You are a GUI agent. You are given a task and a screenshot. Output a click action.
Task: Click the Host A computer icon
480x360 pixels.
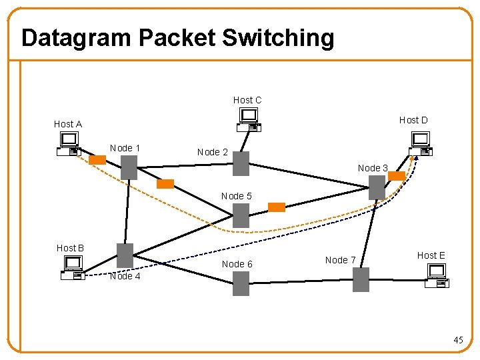pyautogui.click(x=69, y=144)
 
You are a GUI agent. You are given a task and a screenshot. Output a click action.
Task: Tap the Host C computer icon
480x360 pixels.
pyautogui.click(x=249, y=120)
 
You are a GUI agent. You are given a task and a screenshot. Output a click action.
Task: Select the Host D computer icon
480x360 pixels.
pyautogui.click(x=419, y=143)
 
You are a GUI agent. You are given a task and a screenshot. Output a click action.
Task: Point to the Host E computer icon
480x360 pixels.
pyautogui.click(x=437, y=275)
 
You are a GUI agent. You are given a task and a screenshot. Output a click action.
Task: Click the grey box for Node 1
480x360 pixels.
pyautogui.click(x=129, y=167)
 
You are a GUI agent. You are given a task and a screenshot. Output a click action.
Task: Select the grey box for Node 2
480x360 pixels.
pyautogui.click(x=241, y=163)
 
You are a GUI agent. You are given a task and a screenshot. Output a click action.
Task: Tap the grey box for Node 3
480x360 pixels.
pyautogui.click(x=377, y=187)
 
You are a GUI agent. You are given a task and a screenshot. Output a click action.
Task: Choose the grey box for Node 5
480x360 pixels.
pyautogui.click(x=241, y=215)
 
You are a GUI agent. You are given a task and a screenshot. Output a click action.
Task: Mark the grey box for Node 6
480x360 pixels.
pyautogui.click(x=241, y=283)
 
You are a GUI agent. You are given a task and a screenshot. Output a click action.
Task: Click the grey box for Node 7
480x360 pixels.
pyautogui.click(x=361, y=279)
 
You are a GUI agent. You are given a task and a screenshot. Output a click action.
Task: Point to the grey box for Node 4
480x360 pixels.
pyautogui.click(x=125, y=255)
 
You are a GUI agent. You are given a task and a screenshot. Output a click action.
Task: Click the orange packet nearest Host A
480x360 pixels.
pyautogui.click(x=97, y=160)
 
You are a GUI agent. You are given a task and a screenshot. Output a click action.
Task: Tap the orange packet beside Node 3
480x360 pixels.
pyautogui.click(x=397, y=176)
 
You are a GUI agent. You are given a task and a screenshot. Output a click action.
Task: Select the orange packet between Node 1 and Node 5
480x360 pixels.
pyautogui.click(x=165, y=184)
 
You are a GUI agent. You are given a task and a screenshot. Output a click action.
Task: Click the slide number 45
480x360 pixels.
pyautogui.click(x=458, y=341)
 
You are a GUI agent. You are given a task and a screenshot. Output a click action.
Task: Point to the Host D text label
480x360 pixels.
pyautogui.click(x=413, y=120)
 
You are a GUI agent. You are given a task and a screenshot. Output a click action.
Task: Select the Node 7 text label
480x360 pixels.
pyautogui.click(x=341, y=260)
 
